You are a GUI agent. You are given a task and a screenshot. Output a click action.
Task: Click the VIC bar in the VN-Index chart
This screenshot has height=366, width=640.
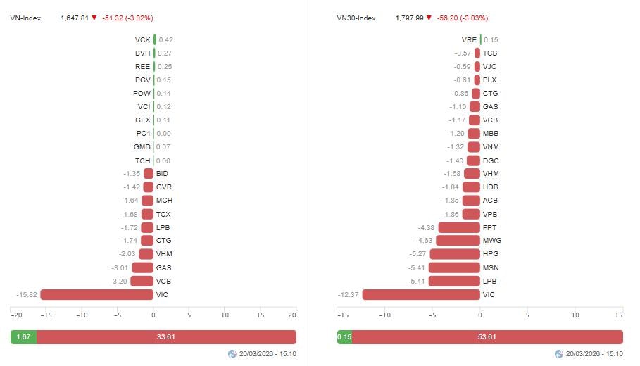pos(96,295)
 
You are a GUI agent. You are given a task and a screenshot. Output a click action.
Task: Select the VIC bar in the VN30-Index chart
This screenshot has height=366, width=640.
pos(421,295)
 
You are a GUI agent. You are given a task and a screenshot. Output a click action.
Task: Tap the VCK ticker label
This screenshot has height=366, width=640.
pos(142,40)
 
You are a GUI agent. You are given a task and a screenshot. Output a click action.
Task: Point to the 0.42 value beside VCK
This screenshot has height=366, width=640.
pos(166,40)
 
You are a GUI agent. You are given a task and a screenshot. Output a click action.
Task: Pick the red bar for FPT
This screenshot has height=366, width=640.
pos(459,227)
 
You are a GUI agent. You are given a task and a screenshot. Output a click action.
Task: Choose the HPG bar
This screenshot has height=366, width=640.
pos(455,254)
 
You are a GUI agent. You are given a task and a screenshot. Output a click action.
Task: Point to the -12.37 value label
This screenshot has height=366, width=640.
pos(348,295)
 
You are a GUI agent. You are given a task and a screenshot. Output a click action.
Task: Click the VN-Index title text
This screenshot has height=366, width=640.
pos(25,18)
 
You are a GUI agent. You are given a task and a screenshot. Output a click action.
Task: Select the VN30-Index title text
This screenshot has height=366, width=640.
pos(356,18)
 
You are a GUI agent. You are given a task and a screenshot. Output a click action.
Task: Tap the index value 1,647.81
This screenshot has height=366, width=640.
pos(75,18)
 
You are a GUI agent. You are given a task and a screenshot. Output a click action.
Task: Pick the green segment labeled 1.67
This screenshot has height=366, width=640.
pos(23,337)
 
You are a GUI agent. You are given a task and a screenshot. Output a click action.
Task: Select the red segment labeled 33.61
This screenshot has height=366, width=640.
pos(166,337)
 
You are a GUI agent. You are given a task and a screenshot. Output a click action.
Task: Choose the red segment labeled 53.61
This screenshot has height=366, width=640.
pos(487,337)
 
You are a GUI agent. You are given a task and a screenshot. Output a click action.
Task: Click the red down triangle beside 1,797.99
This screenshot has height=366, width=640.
pos(429,18)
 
